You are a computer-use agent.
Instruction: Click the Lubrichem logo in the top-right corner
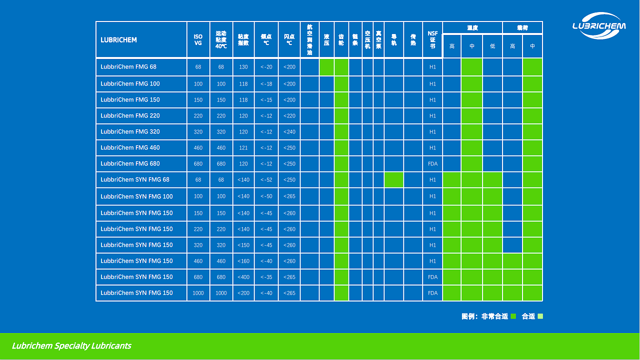598,26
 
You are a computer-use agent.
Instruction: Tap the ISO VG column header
198,40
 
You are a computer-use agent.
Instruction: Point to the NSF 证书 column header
432,40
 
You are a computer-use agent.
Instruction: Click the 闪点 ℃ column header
289,40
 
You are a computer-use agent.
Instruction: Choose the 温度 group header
472,28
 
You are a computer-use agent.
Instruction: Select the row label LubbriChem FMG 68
128,67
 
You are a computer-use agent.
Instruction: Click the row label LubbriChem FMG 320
130,132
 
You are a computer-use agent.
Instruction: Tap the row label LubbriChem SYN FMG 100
136,196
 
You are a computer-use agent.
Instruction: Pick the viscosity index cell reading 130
243,67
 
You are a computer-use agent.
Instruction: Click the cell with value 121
243,148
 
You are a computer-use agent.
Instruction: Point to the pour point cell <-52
266,180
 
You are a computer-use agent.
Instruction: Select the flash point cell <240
289,132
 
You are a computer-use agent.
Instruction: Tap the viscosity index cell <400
243,277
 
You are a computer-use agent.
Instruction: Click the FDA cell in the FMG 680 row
432,164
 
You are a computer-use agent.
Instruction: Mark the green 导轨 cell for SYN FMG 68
393,180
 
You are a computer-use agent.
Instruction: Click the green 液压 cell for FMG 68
326,67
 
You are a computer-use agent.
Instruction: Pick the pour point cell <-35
266,277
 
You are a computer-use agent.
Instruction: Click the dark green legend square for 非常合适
513,316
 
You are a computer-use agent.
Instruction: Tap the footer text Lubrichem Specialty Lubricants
71,346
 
